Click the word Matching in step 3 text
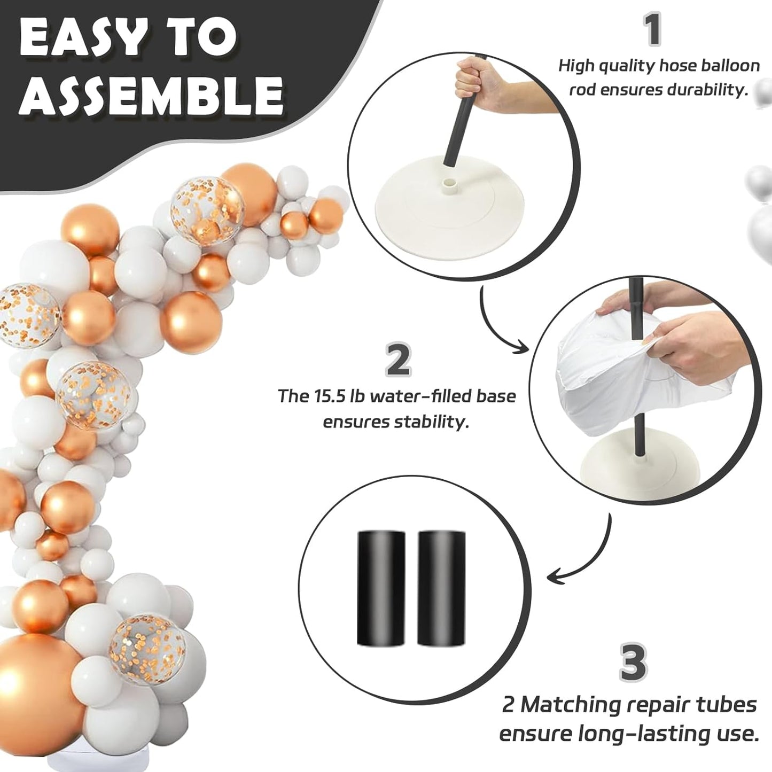click(x=566, y=716)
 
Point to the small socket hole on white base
click(x=450, y=185)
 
